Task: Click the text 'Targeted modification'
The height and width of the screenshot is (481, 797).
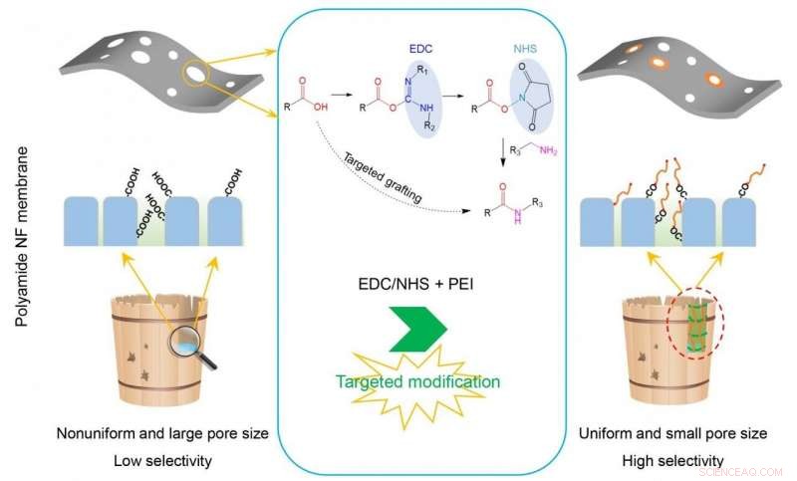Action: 418,380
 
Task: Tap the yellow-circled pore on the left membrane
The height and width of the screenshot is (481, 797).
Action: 195,77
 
